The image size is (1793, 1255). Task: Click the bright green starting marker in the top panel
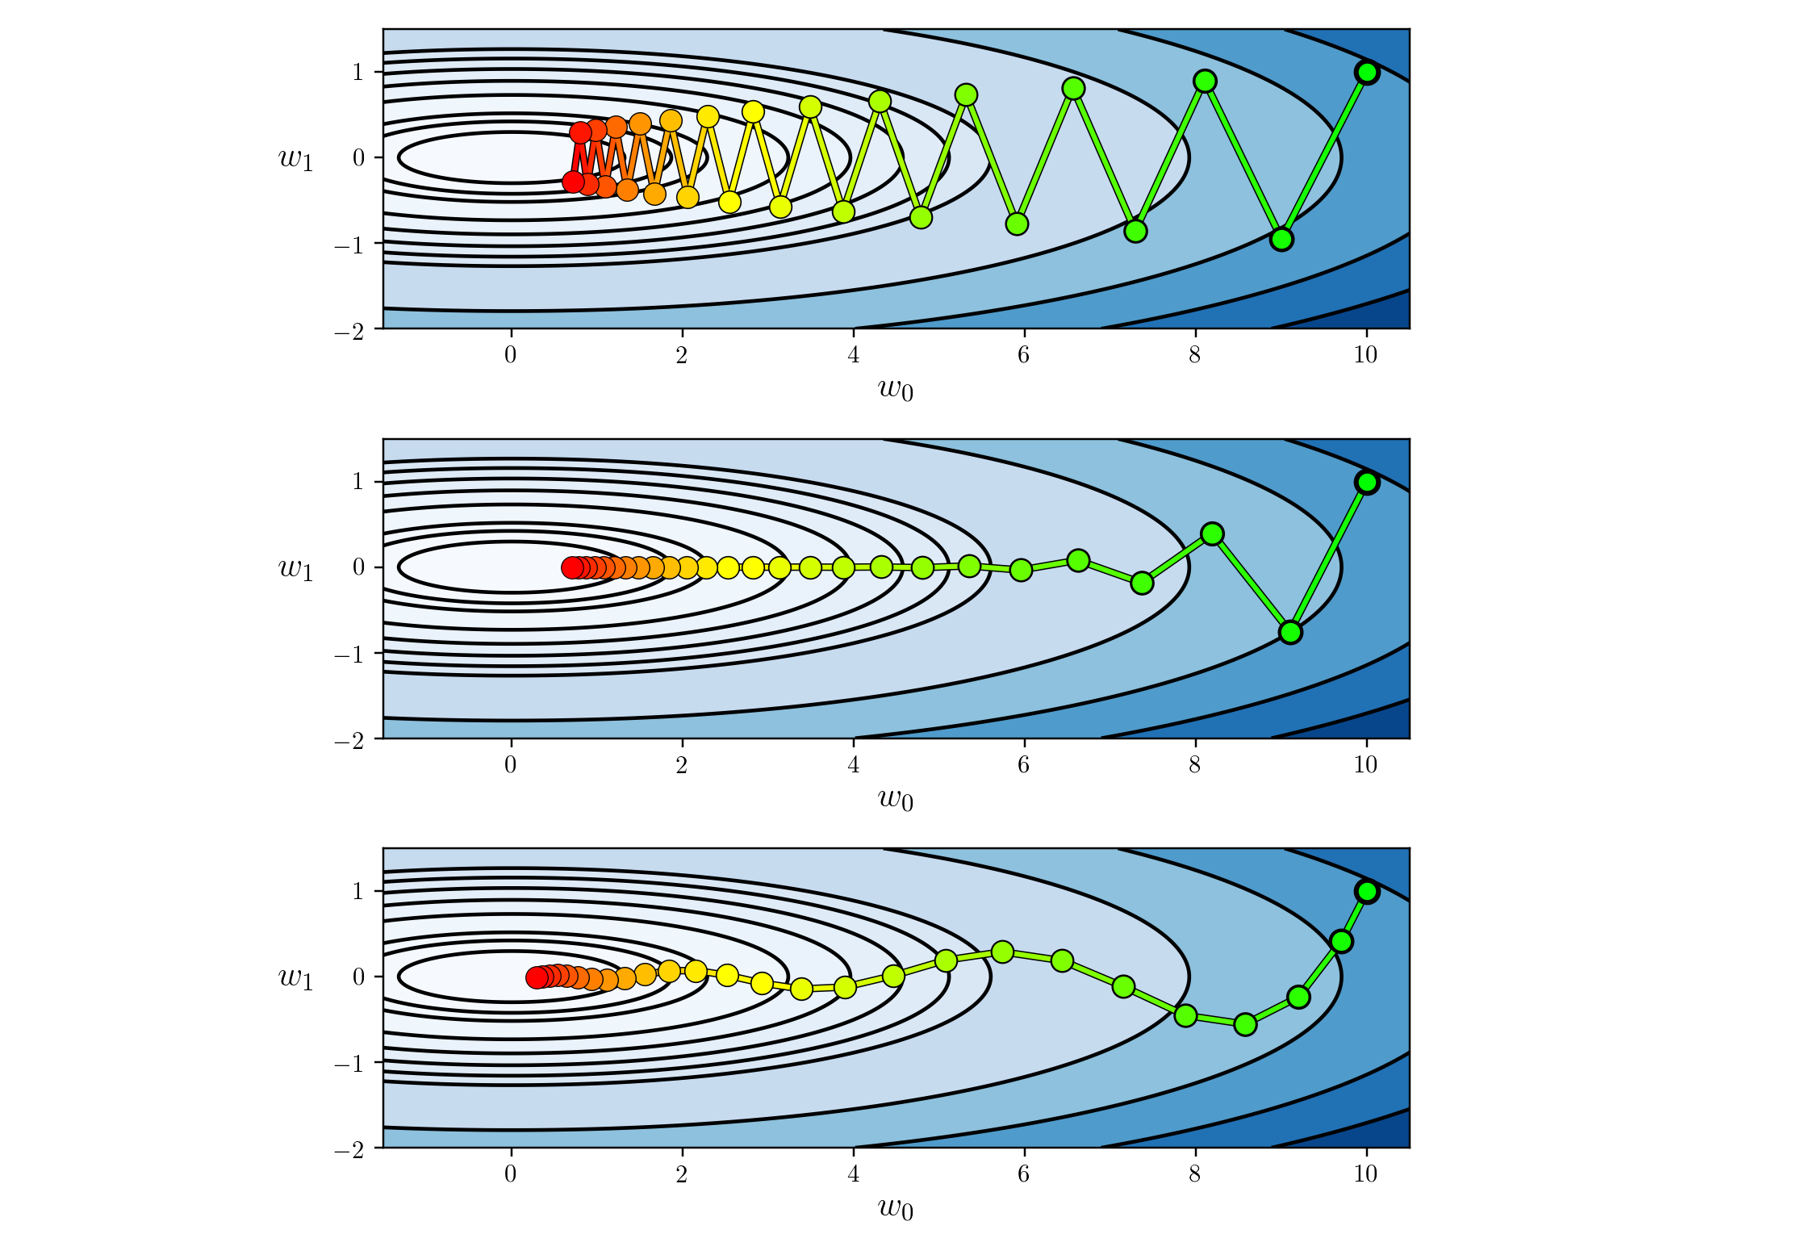click(1367, 73)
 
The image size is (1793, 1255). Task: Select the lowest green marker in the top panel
click(1281, 239)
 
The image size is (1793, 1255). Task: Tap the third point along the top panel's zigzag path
click(1205, 81)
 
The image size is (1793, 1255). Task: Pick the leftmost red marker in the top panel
click(573, 182)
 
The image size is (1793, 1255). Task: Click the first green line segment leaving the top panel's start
click(1324, 156)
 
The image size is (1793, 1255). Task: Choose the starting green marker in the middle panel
click(1367, 483)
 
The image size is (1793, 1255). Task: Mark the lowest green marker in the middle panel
click(1290, 632)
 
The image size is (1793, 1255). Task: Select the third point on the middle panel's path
click(1212, 533)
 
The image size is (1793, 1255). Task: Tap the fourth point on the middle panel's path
click(1142, 583)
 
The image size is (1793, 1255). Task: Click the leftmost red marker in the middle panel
click(572, 567)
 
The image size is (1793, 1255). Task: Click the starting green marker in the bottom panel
click(1367, 892)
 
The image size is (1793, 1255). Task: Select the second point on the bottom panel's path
click(1341, 941)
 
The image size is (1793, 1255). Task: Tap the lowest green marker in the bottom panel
click(1245, 1024)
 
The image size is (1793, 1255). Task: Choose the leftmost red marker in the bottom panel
click(537, 977)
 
